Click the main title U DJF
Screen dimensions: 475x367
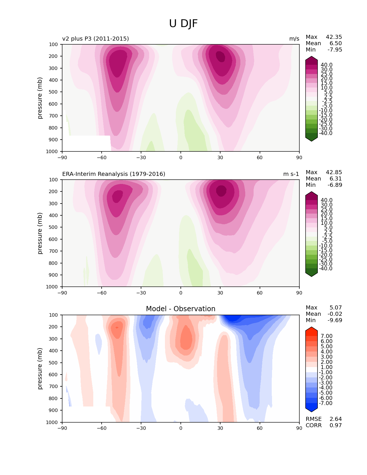183,24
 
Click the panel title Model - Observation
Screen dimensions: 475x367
180,309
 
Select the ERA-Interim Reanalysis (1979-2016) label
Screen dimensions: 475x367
114,174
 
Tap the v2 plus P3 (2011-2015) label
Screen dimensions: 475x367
96,39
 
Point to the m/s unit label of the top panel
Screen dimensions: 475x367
294,39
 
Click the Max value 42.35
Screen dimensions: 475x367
334,37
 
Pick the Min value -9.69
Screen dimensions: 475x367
335,320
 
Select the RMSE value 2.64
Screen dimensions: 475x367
336,419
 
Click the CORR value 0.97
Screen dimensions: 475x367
336,425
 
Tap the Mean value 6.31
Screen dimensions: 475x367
336,178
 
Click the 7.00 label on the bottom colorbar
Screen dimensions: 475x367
327,336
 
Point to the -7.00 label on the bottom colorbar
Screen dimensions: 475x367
326,403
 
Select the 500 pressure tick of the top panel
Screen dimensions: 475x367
54,92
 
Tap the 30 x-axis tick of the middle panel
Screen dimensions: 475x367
220,293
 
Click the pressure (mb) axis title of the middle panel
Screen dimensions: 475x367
40,233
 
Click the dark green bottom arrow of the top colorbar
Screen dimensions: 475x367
311,139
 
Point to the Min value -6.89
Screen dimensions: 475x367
335,185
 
